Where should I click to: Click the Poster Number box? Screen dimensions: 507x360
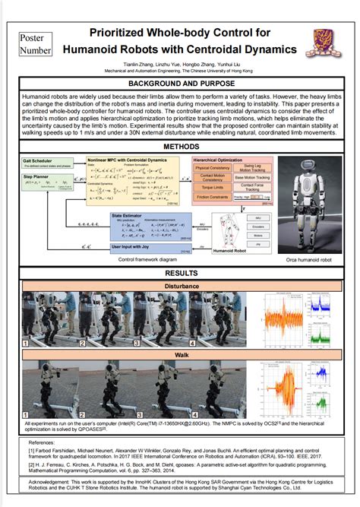pos(36,44)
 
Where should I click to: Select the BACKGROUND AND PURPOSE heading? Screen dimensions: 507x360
pos(180,83)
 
